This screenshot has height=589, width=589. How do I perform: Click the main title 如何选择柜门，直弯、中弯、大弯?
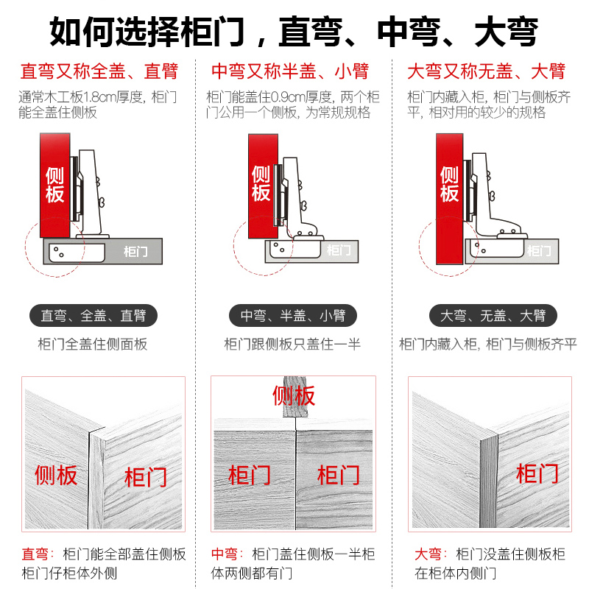coord(294,32)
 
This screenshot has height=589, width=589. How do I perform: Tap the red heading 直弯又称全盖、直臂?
coord(99,72)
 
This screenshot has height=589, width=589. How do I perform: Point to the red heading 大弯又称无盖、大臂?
coord(486,72)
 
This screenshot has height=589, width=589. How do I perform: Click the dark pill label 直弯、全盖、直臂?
coord(93,316)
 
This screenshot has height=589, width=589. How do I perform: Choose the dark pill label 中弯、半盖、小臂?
coord(292,316)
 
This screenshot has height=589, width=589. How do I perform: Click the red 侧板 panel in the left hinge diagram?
coord(54,184)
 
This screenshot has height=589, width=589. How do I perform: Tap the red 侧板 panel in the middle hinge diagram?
coord(261,184)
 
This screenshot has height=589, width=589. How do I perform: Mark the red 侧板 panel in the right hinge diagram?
coord(449,184)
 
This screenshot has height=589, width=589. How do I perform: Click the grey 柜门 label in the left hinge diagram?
coord(135,252)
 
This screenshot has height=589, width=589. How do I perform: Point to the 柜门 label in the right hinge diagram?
coord(539,251)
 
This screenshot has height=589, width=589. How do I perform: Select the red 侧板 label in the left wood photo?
coord(56,475)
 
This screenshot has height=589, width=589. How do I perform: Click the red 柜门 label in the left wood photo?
coord(145,476)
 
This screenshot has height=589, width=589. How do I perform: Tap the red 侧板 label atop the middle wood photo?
coord(294,395)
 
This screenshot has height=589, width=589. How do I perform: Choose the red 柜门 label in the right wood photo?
coord(537,473)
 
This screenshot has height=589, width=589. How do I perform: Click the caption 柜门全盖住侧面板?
coord(93,344)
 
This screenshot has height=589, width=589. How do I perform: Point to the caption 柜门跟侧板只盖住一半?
coord(292,344)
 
